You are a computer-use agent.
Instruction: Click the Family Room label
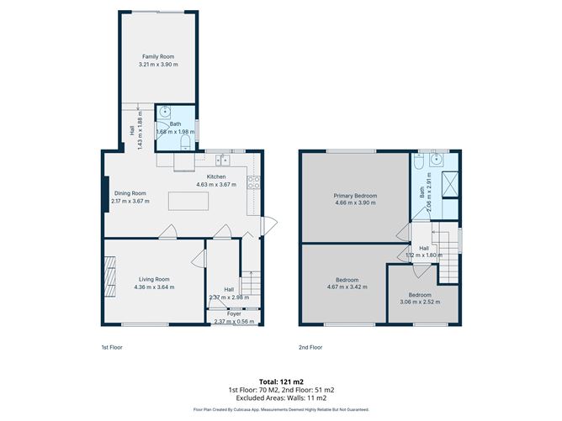pyautogui.click(x=159, y=56)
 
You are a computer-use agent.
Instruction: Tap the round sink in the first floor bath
pyautogui.click(x=166, y=111)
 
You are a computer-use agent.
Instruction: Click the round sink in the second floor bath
pyautogui.click(x=435, y=159)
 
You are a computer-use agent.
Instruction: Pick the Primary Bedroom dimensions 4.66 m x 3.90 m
pyautogui.click(x=356, y=203)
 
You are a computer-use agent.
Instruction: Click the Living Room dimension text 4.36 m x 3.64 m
pyautogui.click(x=154, y=287)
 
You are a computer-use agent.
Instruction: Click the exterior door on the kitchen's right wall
pyautogui.click(x=268, y=224)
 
